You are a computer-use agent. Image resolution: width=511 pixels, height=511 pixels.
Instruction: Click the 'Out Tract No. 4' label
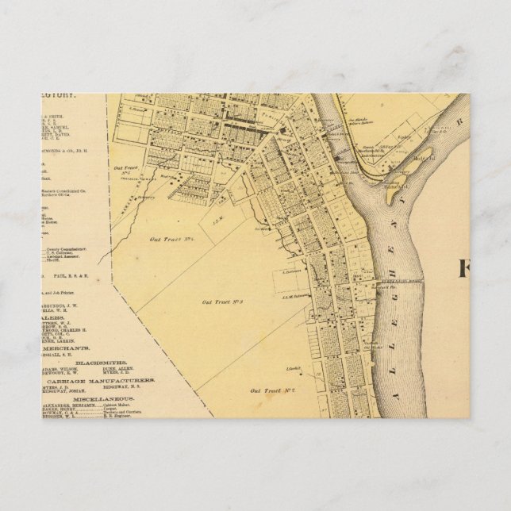(x=170, y=239)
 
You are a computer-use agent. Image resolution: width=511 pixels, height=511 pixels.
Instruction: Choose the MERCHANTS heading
(x=67, y=348)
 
